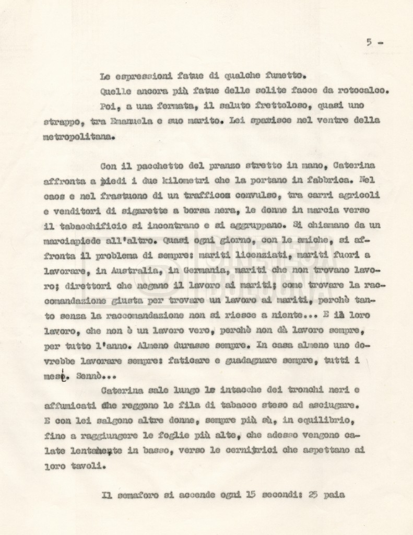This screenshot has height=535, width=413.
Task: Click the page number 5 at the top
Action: pos(369,43)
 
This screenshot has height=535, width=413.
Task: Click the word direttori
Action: pos(79,286)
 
